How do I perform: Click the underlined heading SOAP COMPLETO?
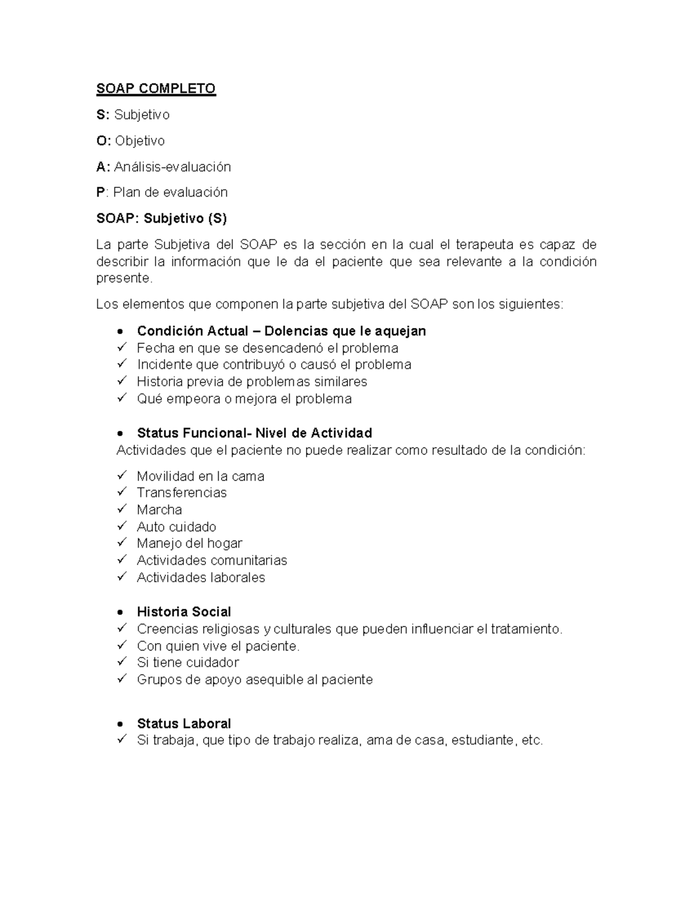pyautogui.click(x=156, y=88)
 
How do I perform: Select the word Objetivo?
pyautogui.click(x=139, y=141)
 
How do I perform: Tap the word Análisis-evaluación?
pyautogui.click(x=172, y=167)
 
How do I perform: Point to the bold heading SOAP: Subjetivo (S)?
pyautogui.click(x=161, y=218)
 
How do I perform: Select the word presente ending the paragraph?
pyautogui.click(x=123, y=278)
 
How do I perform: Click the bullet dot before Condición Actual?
pyautogui.click(x=120, y=332)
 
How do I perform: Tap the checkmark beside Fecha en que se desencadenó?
pyautogui.click(x=121, y=348)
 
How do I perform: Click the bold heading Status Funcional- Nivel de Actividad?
pyautogui.click(x=254, y=433)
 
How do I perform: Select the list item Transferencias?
pyautogui.click(x=182, y=493)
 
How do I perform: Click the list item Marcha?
pyautogui.click(x=159, y=509)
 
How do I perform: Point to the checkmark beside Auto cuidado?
pyautogui.click(x=121, y=526)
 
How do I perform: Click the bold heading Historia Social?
pyautogui.click(x=184, y=612)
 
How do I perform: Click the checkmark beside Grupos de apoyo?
pyautogui.click(x=121, y=679)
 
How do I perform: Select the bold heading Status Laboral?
pyautogui.click(x=184, y=723)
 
